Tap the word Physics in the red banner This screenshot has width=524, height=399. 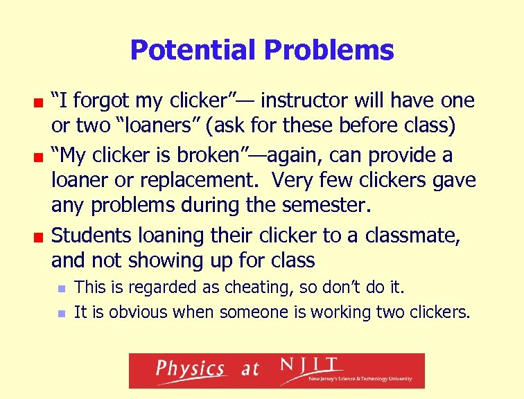pos(189,369)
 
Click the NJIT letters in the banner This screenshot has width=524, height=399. pos(309,364)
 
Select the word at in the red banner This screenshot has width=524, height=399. pos(250,370)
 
